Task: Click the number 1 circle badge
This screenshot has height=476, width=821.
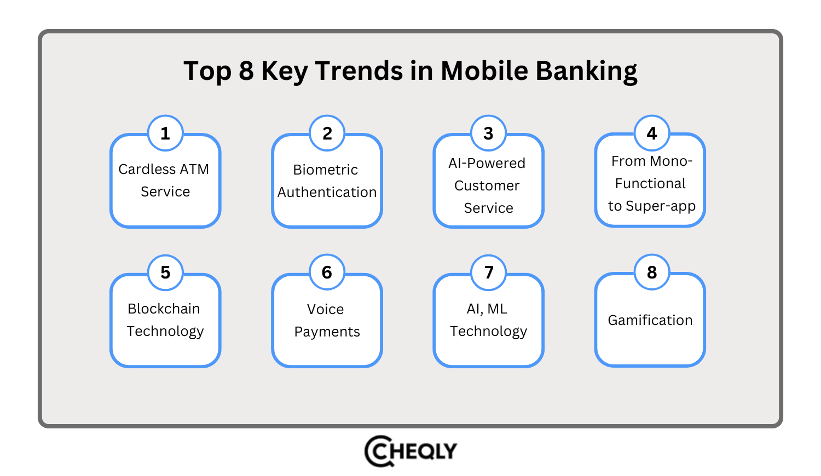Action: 165,133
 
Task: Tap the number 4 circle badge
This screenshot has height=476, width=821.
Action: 651,133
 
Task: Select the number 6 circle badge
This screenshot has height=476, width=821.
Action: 327,272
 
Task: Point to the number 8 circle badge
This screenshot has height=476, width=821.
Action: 651,272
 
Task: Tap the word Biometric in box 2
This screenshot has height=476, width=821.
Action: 325,170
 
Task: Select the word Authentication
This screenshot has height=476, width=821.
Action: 327,193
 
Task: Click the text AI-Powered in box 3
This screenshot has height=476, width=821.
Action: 487,164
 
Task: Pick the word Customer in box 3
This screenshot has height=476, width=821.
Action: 487,186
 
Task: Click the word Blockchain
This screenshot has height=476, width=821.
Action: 164,309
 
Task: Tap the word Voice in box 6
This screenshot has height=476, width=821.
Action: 325,310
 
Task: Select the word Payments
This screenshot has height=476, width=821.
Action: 327,332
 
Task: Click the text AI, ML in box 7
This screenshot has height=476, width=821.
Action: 487,309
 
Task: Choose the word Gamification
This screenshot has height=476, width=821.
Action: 650,321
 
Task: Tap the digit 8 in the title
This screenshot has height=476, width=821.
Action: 246,71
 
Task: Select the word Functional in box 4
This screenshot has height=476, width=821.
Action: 650,184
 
